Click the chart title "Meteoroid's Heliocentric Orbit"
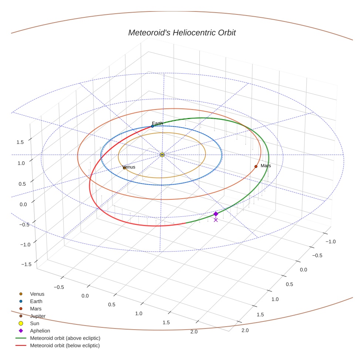point(182,33)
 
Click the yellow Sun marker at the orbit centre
point(162,155)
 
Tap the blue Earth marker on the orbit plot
point(152,126)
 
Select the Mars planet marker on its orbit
point(256,166)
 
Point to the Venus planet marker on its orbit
point(124,168)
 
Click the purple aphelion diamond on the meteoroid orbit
point(216,214)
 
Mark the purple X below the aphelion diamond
point(216,220)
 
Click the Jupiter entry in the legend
point(37,316)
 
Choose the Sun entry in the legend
point(35,323)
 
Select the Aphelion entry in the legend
point(40,331)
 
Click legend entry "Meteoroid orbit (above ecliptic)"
point(65,338)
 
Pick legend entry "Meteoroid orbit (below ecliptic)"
point(64,346)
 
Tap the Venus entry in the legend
point(37,294)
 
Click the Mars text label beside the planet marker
point(266,166)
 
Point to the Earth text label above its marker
point(157,123)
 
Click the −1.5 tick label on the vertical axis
point(26,264)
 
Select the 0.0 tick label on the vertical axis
point(24,204)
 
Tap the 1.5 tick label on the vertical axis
point(20,142)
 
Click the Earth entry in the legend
point(36,301)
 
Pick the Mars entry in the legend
point(36,309)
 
